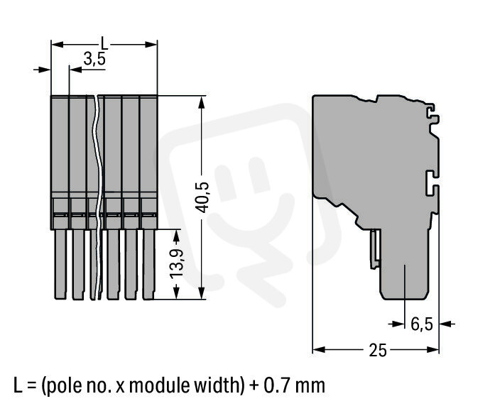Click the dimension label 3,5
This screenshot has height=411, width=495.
pyautogui.click(x=94, y=59)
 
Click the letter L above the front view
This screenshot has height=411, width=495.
pyautogui.click(x=104, y=43)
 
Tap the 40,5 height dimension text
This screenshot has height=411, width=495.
pyautogui.click(x=202, y=197)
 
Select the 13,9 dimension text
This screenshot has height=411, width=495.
pyautogui.click(x=176, y=263)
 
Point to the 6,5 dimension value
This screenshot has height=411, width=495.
pyautogui.click(x=422, y=324)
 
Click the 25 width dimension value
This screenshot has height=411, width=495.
pyautogui.click(x=378, y=350)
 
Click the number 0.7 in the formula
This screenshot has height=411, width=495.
pyautogui.click(x=274, y=385)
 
